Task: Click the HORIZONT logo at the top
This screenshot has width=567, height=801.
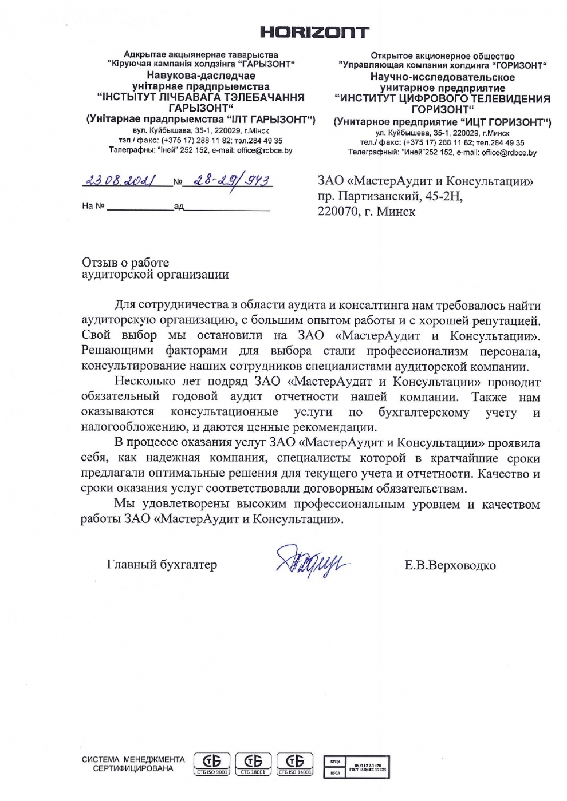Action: (x=314, y=32)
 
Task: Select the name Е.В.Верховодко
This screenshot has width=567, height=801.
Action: (x=450, y=566)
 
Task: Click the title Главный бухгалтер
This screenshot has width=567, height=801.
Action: (x=162, y=565)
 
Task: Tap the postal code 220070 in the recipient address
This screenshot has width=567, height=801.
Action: (x=337, y=212)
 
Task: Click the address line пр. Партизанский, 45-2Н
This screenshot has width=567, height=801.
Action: (x=390, y=196)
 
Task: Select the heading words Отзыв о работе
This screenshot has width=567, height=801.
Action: (x=125, y=263)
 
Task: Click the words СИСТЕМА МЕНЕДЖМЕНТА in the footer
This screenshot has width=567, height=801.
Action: (x=133, y=760)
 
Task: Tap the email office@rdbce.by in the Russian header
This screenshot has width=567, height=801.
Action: (x=509, y=153)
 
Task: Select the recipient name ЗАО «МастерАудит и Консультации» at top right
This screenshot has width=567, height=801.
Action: (x=426, y=181)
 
